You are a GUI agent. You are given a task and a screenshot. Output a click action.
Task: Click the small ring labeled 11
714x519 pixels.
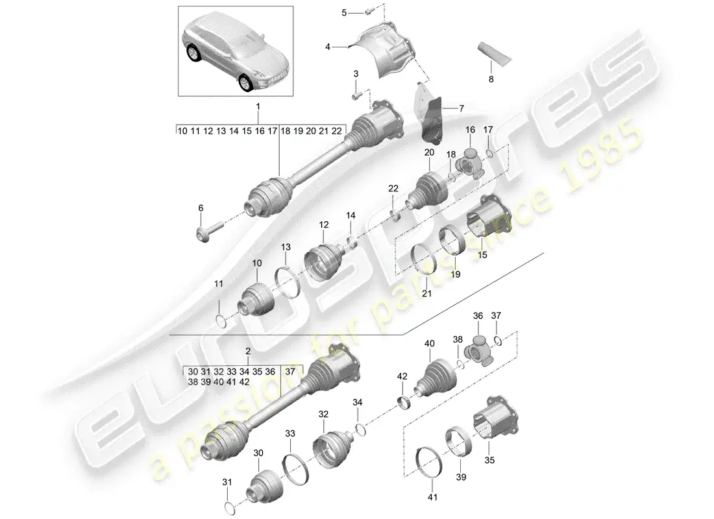click(221, 319)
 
